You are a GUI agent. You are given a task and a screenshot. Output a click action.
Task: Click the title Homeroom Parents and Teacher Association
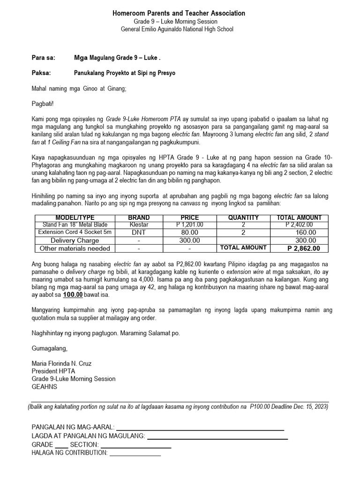[x=179, y=14]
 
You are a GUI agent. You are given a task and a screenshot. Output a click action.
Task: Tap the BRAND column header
[x=139, y=217]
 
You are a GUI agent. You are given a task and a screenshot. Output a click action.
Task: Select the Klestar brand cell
[x=139, y=225]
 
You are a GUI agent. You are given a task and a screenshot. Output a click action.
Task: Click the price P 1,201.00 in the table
[x=190, y=225]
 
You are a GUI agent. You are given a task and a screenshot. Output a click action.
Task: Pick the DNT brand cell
[x=139, y=232]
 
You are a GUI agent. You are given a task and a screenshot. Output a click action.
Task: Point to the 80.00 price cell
[x=190, y=232]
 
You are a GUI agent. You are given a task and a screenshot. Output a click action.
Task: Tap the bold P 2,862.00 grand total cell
[x=304, y=248]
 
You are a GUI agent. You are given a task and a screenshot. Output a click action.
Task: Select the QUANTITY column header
[x=243, y=217]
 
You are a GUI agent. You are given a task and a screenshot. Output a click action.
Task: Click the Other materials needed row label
[x=75, y=248]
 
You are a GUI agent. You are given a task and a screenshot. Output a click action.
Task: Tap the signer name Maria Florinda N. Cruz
[x=61, y=364]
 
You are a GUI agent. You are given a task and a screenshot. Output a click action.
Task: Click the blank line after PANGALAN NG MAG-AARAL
[x=200, y=428]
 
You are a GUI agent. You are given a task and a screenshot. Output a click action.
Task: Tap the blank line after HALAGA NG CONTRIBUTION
[x=135, y=454]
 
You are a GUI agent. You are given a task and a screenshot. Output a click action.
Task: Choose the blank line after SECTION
[x=136, y=447]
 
